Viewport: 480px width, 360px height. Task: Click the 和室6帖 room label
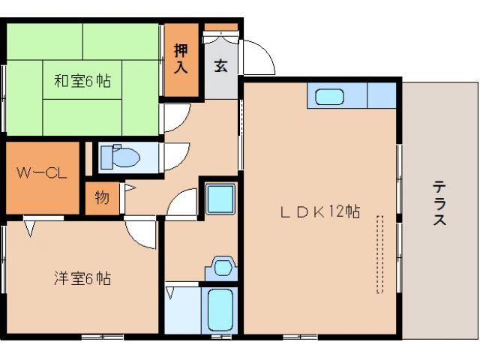point(82,81)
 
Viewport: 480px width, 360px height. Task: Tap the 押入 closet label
point(181,58)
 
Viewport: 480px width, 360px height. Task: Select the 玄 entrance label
point(221,66)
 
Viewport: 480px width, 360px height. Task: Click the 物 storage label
point(102,198)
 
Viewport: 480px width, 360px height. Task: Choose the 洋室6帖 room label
point(82,279)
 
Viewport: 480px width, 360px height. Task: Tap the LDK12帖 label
point(320,212)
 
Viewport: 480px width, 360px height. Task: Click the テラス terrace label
point(440,204)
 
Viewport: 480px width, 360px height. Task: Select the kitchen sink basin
point(329,97)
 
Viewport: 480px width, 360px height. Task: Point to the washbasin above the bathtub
point(223,267)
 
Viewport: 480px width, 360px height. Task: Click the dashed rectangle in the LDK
point(379,253)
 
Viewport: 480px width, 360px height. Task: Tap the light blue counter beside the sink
point(381,96)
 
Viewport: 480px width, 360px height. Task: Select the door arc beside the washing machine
point(182,205)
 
